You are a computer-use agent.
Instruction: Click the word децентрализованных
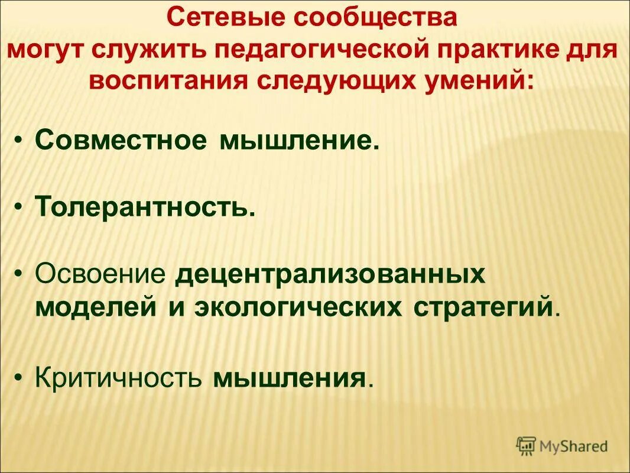330,274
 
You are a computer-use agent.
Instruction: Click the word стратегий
479,307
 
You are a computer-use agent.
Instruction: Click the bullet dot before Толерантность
21,208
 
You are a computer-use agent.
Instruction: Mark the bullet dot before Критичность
21,377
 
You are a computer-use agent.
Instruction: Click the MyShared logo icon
526,445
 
